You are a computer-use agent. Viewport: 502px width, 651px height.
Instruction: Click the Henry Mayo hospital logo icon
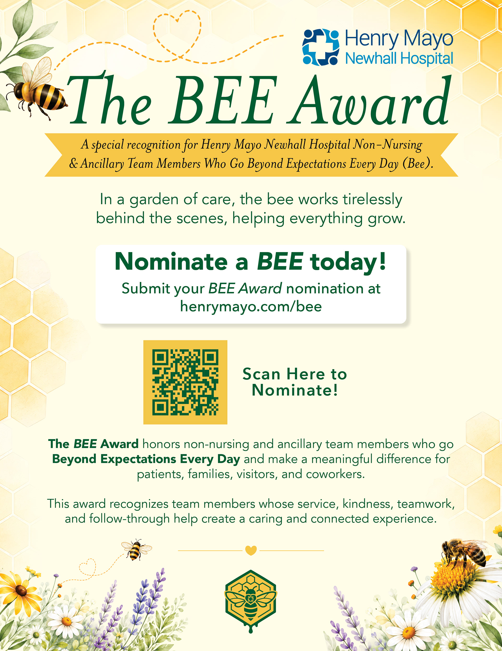pyautogui.click(x=321, y=47)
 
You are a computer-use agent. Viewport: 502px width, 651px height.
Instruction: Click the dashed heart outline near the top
pyautogui.click(x=177, y=34)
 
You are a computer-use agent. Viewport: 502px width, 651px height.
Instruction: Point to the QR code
pyautogui.click(x=185, y=382)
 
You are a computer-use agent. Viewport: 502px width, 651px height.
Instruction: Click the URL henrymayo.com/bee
pyautogui.click(x=251, y=307)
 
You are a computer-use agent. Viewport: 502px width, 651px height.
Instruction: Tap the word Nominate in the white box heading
pyautogui.click(x=171, y=262)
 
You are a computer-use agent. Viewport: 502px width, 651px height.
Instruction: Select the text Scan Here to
pyautogui.click(x=295, y=374)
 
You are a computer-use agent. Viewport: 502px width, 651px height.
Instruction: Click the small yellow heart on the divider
pyautogui.click(x=251, y=550)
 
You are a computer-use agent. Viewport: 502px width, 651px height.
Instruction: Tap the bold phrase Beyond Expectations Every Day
pyautogui.click(x=146, y=459)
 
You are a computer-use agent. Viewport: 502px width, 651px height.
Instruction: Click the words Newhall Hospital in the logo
pyautogui.click(x=399, y=58)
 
